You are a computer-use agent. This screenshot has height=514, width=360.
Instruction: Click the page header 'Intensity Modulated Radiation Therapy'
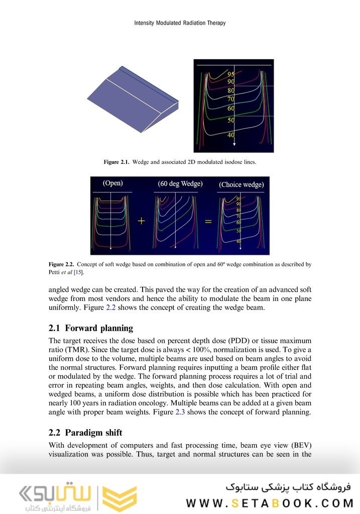pos(180,23)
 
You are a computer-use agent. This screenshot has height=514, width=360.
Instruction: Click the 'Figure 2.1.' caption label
pos(116,162)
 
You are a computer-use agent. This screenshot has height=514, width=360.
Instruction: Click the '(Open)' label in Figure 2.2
pos(112,183)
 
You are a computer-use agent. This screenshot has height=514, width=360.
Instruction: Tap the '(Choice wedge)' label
pos(241,184)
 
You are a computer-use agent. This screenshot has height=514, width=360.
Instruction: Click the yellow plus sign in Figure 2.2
pos(142,222)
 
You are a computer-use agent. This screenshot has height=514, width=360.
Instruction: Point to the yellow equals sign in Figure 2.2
pos(207,222)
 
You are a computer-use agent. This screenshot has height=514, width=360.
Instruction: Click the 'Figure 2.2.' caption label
pos(61,264)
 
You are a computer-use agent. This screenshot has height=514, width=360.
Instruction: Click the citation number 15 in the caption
pos(78,272)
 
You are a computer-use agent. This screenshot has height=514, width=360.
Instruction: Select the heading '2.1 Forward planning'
pos(90,328)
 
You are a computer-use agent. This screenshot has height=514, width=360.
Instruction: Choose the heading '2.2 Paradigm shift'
pos(85,433)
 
